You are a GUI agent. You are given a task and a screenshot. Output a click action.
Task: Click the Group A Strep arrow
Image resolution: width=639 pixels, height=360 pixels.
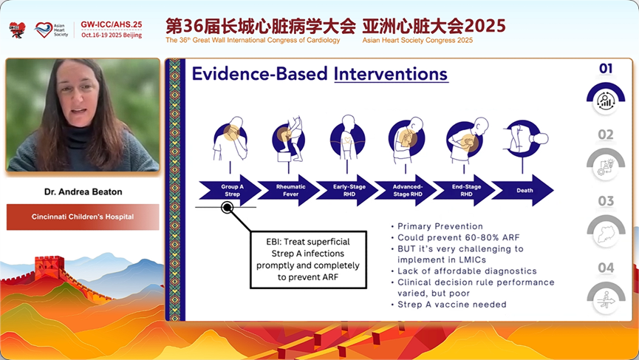pos(230,191)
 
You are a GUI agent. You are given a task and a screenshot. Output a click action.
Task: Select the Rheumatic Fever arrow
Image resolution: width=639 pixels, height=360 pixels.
pos(289,191)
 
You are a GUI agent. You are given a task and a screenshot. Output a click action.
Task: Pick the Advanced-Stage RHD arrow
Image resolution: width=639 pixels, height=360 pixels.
pos(406,191)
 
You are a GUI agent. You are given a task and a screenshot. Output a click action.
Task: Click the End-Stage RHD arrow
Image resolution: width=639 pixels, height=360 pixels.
pos(465,191)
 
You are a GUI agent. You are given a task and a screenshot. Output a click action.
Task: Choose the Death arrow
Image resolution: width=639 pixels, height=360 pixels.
pos(523,191)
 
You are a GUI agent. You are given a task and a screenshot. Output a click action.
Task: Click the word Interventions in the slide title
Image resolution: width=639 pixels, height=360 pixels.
pos(391,74)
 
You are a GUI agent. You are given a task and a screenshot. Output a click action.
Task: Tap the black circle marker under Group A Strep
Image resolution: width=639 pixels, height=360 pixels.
pos(227,208)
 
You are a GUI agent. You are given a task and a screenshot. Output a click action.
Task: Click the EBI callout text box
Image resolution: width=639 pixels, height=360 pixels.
pos(308,259)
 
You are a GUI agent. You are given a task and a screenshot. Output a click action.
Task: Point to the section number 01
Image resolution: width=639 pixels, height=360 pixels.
pos(606,69)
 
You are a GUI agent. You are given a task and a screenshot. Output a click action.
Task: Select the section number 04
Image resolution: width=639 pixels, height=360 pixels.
pos(606,268)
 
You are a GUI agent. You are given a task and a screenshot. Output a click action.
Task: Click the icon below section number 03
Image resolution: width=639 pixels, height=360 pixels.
pos(606,231)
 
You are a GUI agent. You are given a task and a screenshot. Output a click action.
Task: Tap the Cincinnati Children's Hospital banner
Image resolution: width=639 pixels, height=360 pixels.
pos(83,217)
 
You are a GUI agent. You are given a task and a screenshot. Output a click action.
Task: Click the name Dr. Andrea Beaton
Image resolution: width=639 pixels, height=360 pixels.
pos(83,192)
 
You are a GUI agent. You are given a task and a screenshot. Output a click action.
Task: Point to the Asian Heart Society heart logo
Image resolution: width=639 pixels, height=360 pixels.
pos(43,30)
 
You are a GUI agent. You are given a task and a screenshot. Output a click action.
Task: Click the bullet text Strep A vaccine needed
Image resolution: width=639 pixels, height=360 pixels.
pos(452,305)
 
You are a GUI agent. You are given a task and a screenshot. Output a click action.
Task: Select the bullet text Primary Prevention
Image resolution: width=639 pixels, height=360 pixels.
pos(440,226)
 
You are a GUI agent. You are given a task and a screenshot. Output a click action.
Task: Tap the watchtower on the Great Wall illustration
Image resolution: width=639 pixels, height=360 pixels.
pos(49,267)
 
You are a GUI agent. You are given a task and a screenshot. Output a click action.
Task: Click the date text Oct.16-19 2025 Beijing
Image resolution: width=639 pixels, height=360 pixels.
pos(112,35)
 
